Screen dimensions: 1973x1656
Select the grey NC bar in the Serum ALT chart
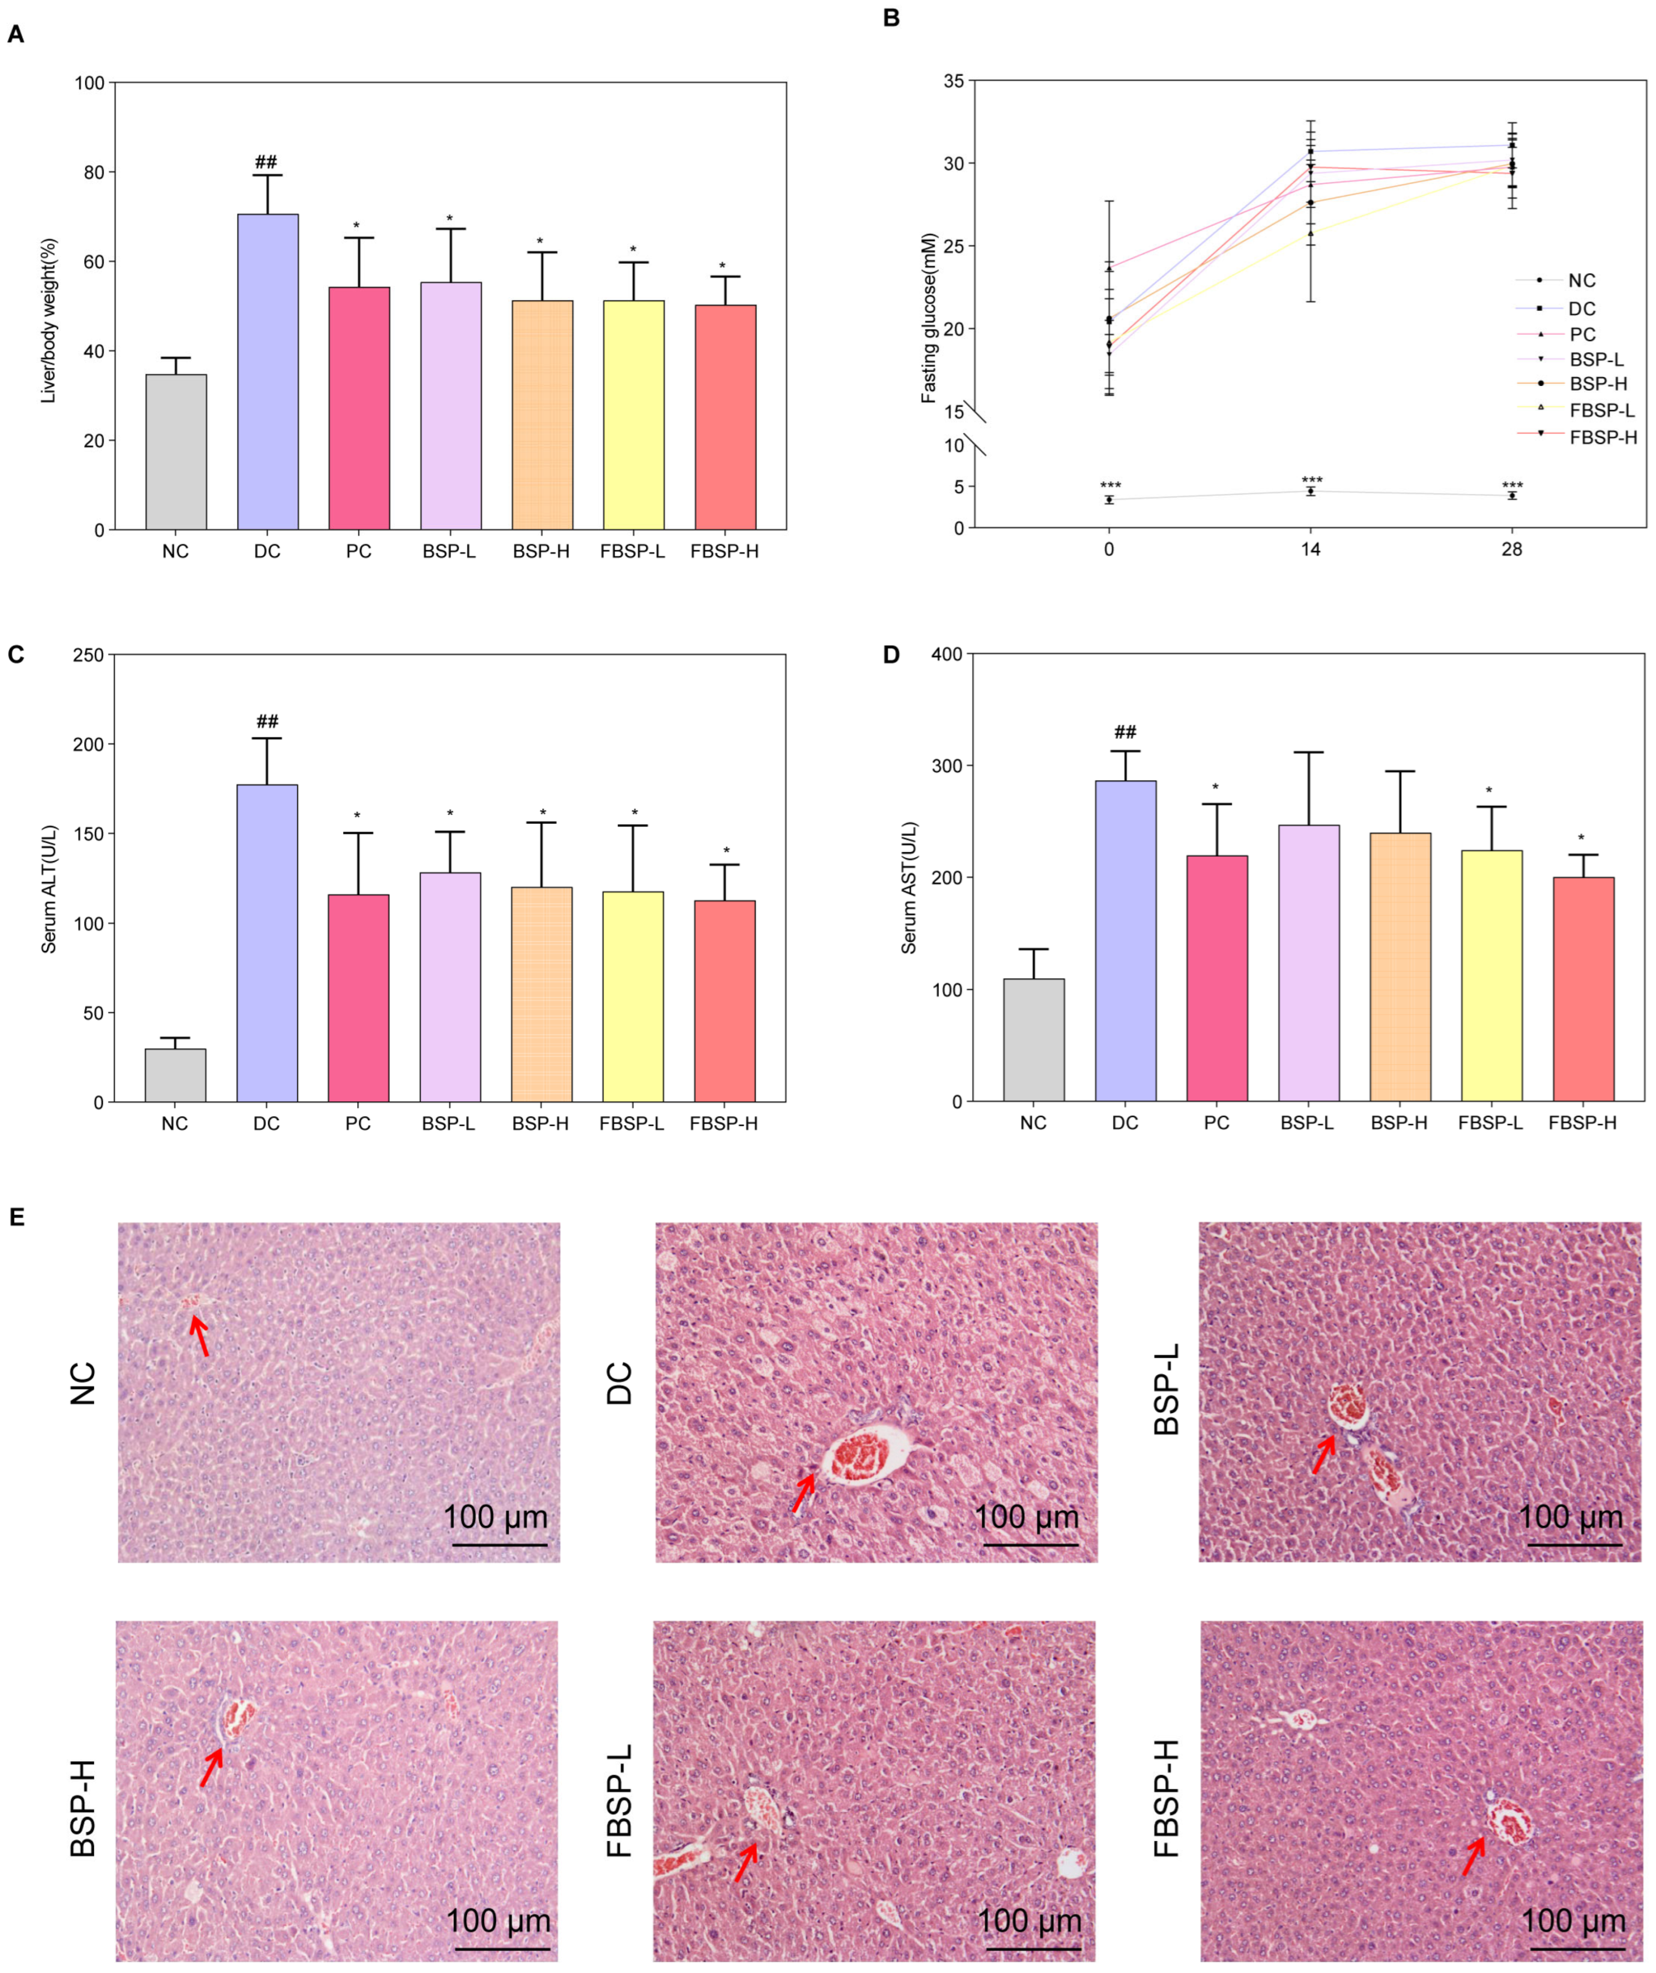(176, 1075)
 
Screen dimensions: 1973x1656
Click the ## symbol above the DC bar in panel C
(267, 722)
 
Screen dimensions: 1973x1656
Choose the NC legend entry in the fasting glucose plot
(1582, 280)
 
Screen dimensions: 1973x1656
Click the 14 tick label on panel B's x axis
(1310, 550)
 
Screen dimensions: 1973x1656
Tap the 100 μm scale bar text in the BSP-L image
(1571, 1516)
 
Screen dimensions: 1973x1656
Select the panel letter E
(16, 1217)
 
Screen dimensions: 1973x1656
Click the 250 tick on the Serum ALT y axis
(89, 655)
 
